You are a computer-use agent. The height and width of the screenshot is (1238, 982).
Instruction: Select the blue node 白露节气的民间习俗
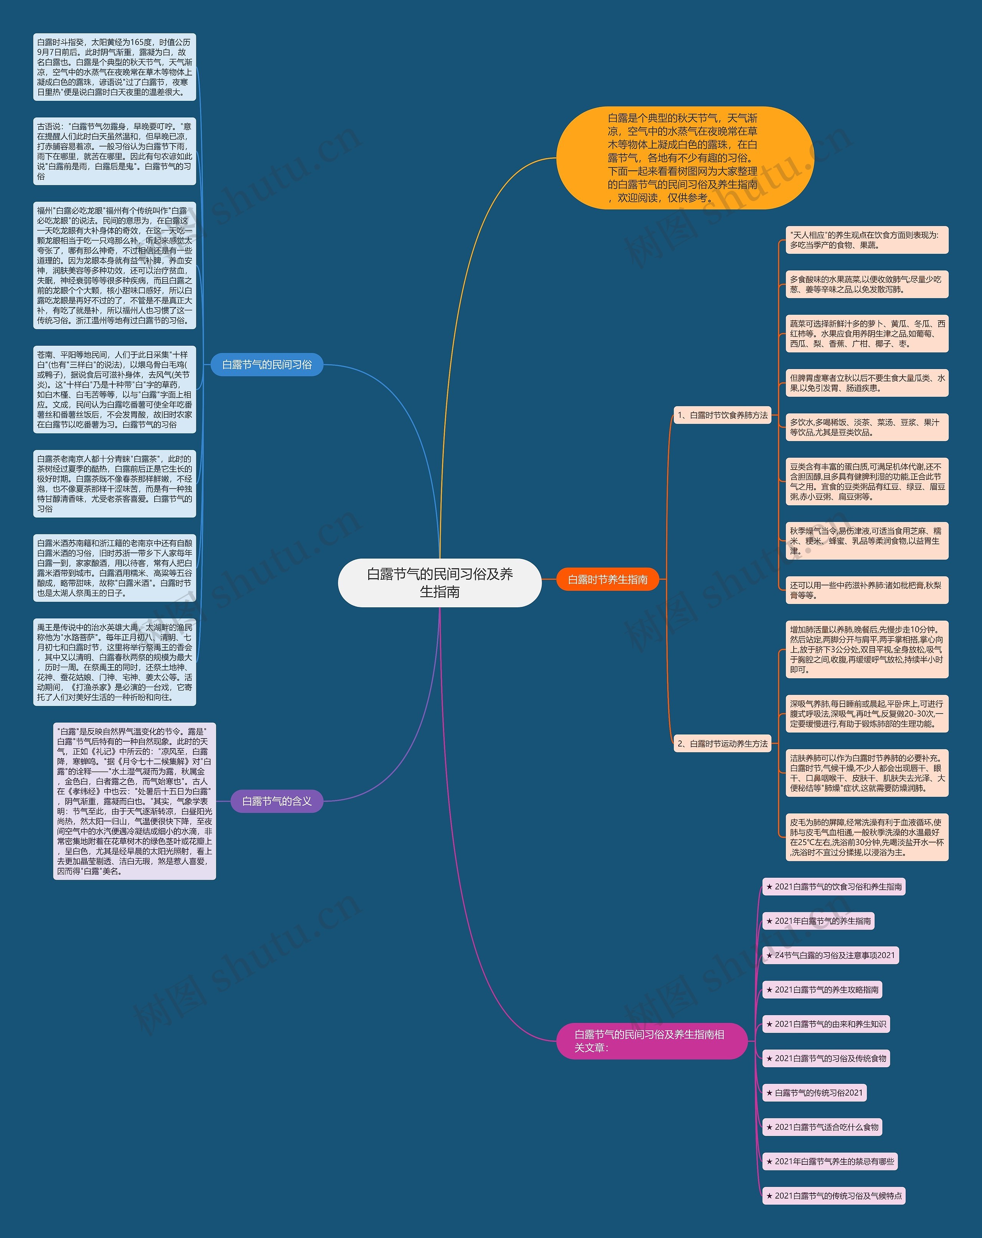pyautogui.click(x=267, y=364)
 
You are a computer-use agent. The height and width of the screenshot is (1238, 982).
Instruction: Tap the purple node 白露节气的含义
pyautogui.click(x=277, y=801)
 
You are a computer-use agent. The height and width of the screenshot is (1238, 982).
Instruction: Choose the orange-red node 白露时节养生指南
pyautogui.click(x=608, y=579)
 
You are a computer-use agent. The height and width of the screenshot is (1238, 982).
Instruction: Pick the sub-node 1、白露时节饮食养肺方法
pyautogui.click(x=722, y=415)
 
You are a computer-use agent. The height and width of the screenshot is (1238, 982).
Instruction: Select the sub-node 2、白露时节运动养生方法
pyautogui.click(x=722, y=743)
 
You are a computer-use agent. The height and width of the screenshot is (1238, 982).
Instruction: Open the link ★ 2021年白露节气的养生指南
pyautogui.click(x=818, y=921)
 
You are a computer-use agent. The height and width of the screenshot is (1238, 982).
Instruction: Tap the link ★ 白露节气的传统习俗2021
pyautogui.click(x=814, y=1093)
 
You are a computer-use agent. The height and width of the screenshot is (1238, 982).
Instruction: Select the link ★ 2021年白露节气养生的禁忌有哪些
pyautogui.click(x=830, y=1162)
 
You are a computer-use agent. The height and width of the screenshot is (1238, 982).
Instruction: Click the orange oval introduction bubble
pyautogui.click(x=685, y=158)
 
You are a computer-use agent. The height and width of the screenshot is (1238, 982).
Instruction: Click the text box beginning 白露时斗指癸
pyautogui.click(x=115, y=67)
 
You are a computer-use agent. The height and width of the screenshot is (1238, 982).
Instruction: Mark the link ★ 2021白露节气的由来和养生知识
pyautogui.click(x=826, y=1024)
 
